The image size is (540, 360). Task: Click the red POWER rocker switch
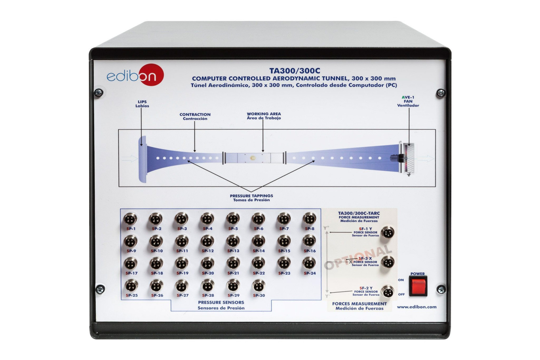418,286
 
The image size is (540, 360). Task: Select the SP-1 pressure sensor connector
131,219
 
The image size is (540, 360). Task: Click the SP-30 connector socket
259,286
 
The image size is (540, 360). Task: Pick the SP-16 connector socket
310,241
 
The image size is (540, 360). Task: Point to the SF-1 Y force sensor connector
388,232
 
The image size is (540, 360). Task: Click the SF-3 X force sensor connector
388,262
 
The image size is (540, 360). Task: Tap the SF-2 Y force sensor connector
388,292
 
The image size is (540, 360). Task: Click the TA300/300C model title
295,71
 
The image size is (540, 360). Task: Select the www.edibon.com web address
417,307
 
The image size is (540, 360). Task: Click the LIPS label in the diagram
142,102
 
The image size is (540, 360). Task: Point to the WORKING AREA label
264,114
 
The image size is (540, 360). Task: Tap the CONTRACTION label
195,115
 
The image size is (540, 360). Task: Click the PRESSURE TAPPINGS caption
251,196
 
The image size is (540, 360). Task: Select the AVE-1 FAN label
408,99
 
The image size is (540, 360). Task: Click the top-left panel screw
99,92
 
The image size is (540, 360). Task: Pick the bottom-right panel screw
441,289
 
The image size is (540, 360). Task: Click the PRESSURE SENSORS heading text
221,302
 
